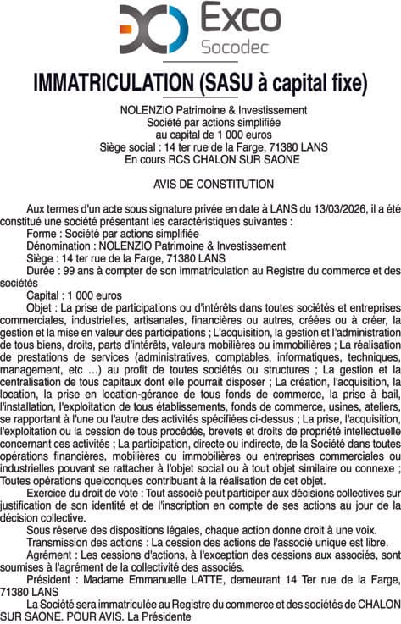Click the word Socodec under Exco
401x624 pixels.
click(240, 47)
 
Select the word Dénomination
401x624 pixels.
click(58, 246)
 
